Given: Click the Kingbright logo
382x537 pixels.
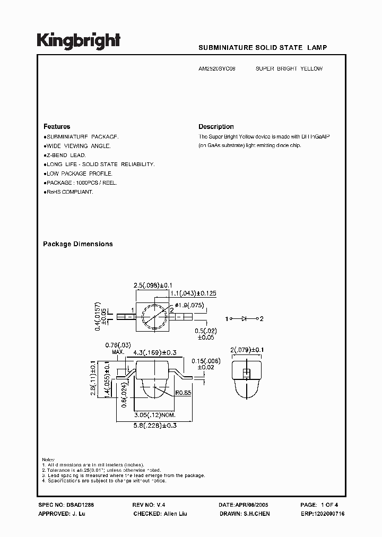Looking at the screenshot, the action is coord(78,41).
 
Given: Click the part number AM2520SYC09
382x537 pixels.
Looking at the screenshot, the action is coord(219,68).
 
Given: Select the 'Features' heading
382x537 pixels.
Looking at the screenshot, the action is coord(57,127).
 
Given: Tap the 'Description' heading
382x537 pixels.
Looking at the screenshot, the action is coord(216,127).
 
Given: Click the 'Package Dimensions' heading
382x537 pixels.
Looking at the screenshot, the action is coord(77,244).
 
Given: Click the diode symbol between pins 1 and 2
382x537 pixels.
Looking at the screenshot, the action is coord(244,318).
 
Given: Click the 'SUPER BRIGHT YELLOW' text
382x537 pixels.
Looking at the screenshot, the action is coord(289,68).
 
